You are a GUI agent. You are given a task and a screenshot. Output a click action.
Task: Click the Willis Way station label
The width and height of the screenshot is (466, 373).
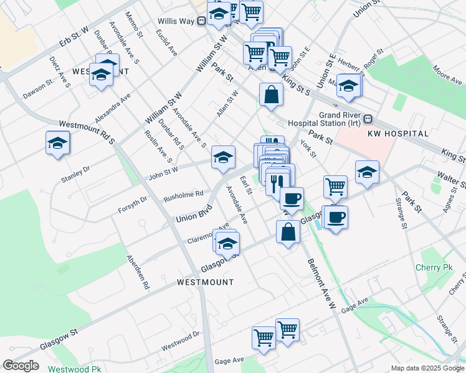pos(176,21)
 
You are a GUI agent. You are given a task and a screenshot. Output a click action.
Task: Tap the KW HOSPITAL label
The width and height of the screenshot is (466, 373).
pos(399,134)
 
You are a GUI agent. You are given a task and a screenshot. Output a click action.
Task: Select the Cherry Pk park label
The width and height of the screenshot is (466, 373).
pos(432,268)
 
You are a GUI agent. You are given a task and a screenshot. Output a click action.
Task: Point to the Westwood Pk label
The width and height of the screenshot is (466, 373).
pos(78,369)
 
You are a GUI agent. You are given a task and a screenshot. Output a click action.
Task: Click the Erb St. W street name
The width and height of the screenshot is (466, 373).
pos(75,37)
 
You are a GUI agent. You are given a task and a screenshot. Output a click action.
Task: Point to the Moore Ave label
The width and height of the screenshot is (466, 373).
pos(446,78)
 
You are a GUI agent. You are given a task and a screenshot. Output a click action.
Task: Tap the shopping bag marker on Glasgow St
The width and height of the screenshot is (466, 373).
pos(288,233)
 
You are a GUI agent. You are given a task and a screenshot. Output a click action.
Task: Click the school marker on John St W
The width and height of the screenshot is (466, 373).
pos(223,157)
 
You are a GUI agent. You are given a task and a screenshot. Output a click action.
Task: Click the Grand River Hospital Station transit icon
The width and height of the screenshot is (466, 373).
pos(368,119)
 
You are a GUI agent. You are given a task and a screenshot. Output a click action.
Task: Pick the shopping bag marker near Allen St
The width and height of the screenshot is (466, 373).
pos(271,95)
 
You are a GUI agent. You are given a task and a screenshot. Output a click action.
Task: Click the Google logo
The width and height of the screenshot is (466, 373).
pos(21,365)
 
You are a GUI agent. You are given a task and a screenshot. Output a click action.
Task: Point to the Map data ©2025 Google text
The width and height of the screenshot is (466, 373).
pos(427,368)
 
